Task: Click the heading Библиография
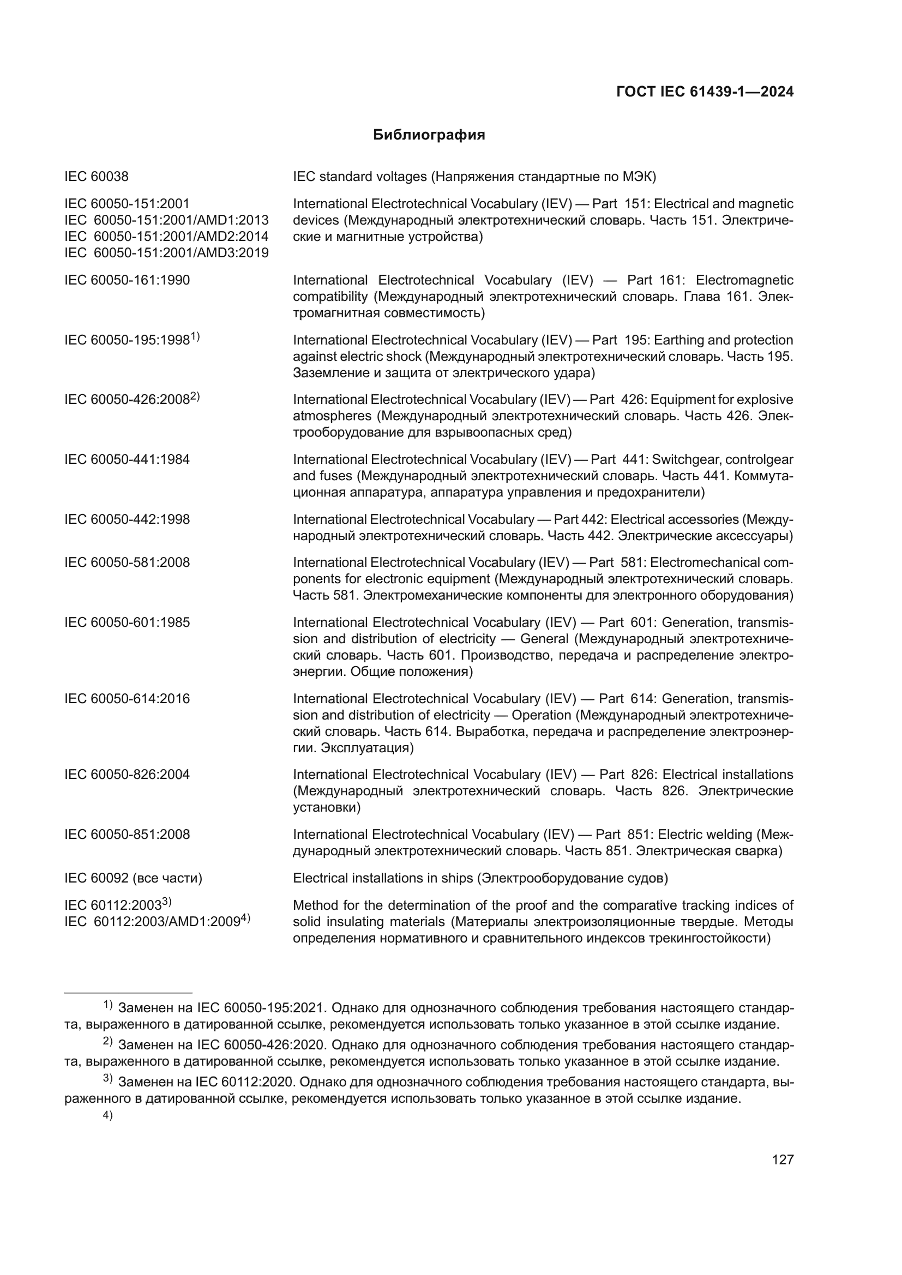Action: [429, 135]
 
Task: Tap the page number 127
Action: [783, 1159]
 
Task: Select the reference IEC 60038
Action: [97, 177]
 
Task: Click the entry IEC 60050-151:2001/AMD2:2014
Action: [167, 237]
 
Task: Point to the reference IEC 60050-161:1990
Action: [127, 280]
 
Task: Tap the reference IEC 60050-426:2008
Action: [127, 400]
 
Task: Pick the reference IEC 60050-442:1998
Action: [127, 519]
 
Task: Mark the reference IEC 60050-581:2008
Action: [127, 563]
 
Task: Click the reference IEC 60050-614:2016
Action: [127, 699]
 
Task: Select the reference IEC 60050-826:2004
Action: [127, 774]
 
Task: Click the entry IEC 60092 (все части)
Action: [133, 878]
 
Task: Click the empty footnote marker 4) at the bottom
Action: [108, 1115]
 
